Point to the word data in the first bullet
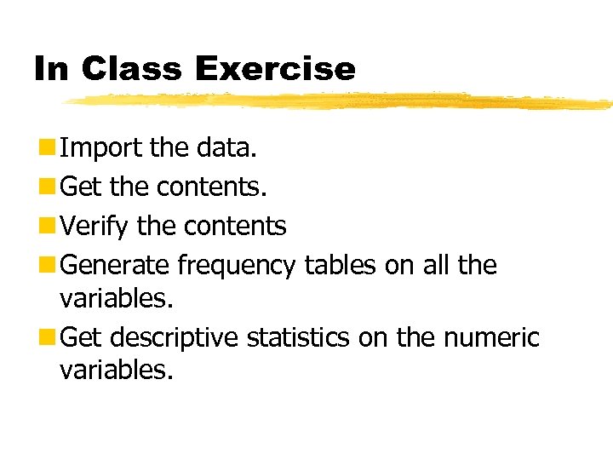pyautogui.click(x=225, y=148)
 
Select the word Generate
pyautogui.click(x=117, y=266)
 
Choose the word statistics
pyautogui.click(x=298, y=338)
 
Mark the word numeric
pyautogui.click(x=491, y=338)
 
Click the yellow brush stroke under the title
pyautogui.click(x=341, y=101)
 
